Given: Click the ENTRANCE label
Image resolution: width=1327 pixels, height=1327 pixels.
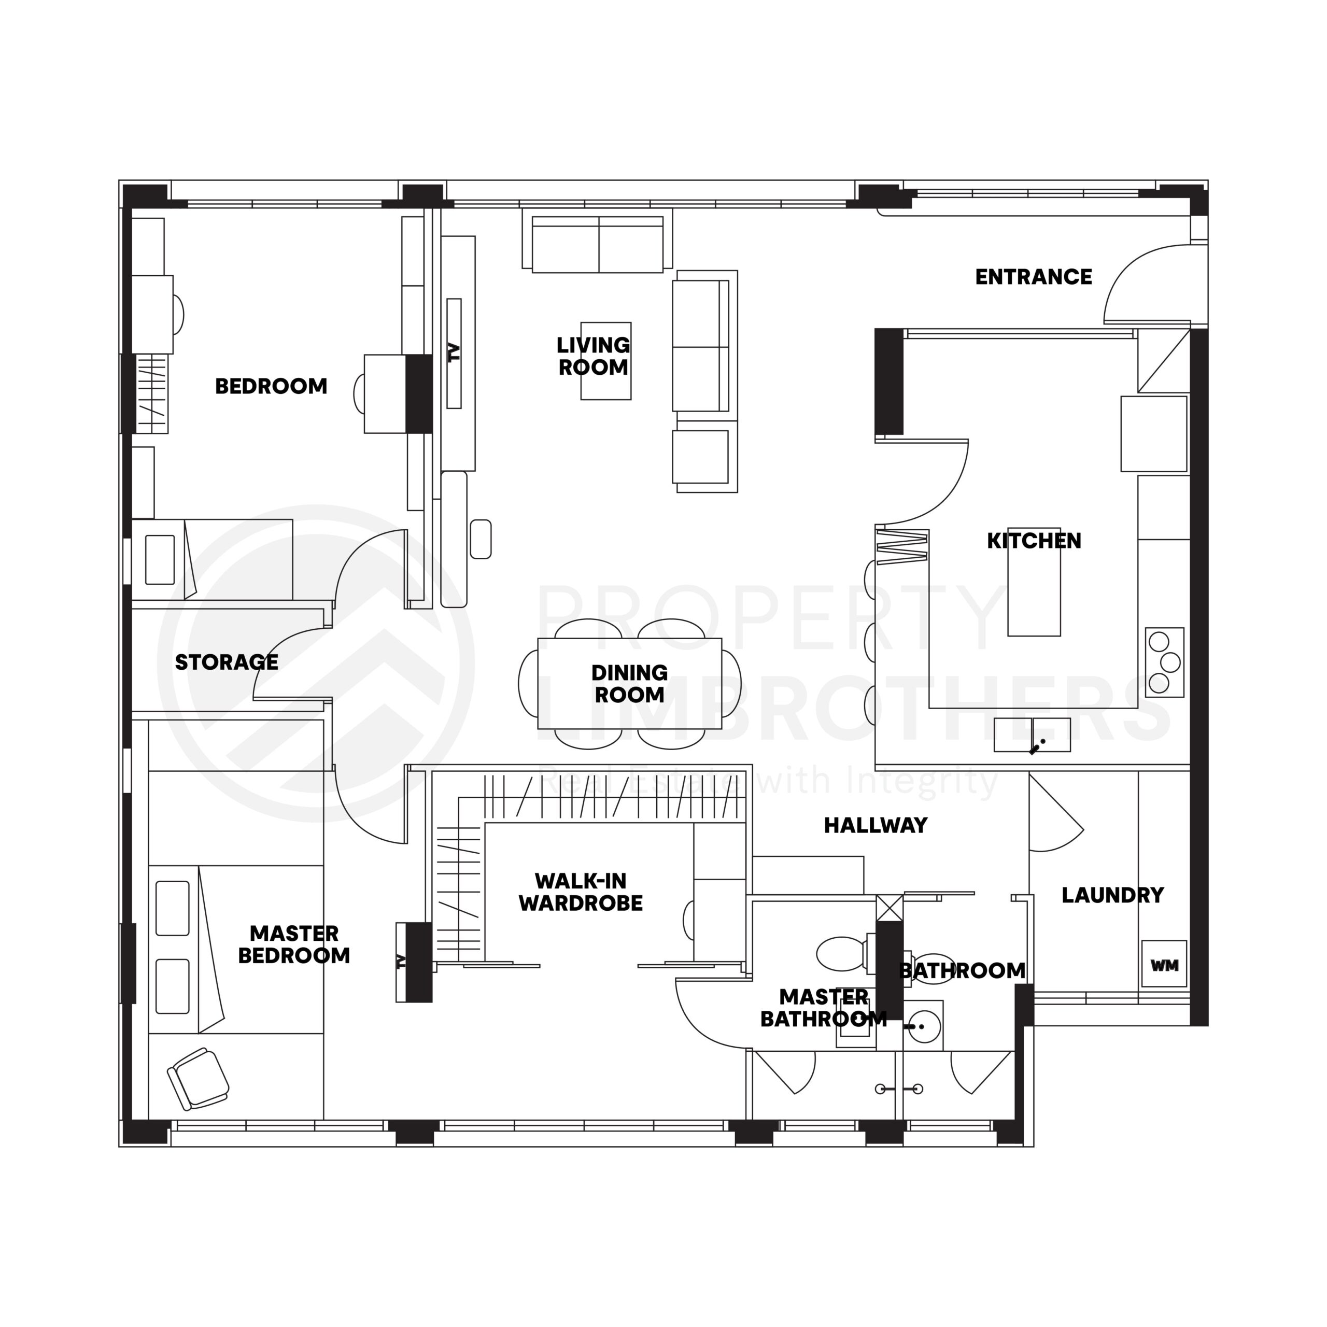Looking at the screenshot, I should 1033,277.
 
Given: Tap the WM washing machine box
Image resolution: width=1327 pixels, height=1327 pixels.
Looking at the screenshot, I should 1164,965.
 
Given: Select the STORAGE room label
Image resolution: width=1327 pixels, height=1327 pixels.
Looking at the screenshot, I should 226,662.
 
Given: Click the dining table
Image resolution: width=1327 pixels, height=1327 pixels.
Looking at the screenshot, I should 629,683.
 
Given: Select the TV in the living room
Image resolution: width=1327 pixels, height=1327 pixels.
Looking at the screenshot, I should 454,352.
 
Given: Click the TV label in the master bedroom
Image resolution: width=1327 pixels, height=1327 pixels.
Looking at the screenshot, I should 402,962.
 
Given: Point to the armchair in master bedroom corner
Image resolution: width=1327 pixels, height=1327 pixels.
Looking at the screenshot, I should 199,1078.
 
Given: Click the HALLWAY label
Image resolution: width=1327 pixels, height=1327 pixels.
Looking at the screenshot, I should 875,825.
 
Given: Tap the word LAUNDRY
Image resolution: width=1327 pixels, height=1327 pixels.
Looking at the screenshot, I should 1112,895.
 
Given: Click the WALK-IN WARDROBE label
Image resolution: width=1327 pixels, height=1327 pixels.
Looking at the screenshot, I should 581,892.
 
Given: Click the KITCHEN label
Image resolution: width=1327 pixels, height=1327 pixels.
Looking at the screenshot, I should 1033,541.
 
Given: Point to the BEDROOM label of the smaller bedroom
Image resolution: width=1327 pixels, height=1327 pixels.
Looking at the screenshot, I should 271,386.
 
